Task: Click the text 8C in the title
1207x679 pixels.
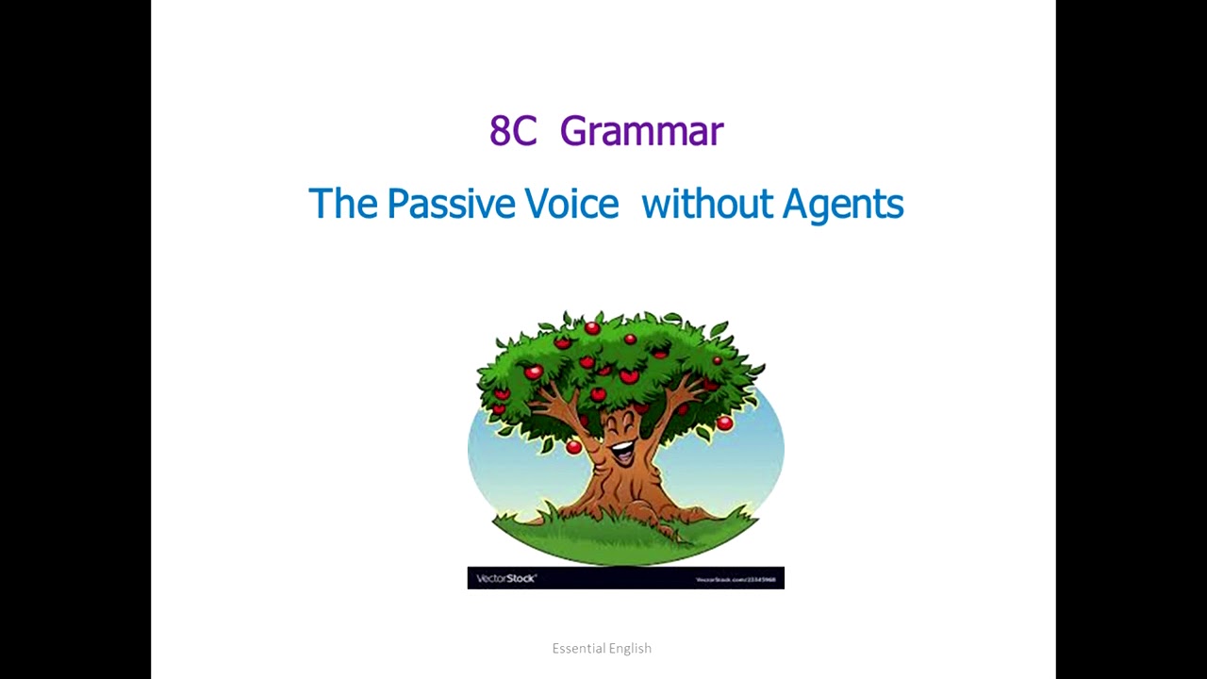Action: coord(512,132)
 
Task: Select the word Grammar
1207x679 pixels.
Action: coord(641,132)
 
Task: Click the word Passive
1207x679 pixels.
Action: coord(451,204)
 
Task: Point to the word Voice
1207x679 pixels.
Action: coord(571,204)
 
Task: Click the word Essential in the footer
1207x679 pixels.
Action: coord(577,648)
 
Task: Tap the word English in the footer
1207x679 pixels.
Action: coord(630,649)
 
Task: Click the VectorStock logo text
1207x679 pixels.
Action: coord(506,578)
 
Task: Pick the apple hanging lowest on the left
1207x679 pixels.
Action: coord(573,447)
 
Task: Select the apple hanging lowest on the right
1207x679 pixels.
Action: coord(724,424)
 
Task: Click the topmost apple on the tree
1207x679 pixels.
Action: coord(592,328)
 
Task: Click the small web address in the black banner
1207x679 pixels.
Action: coord(736,579)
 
